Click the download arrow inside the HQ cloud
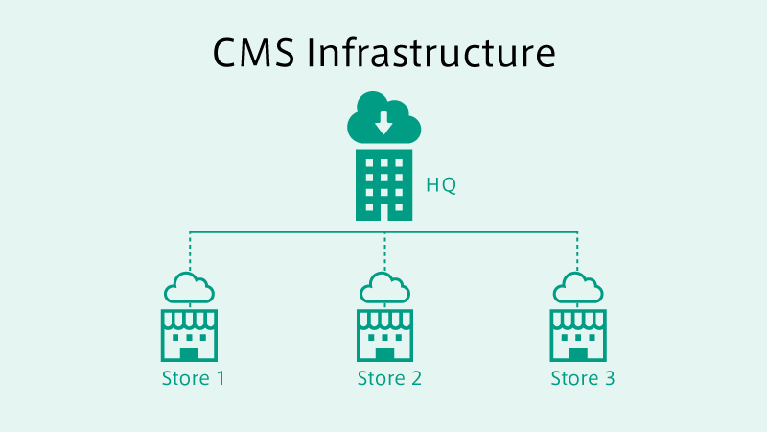point(383,122)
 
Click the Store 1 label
point(194,378)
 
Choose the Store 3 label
point(582,378)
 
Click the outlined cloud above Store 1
point(189,288)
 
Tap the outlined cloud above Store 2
point(384,288)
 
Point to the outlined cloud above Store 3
point(578,288)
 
